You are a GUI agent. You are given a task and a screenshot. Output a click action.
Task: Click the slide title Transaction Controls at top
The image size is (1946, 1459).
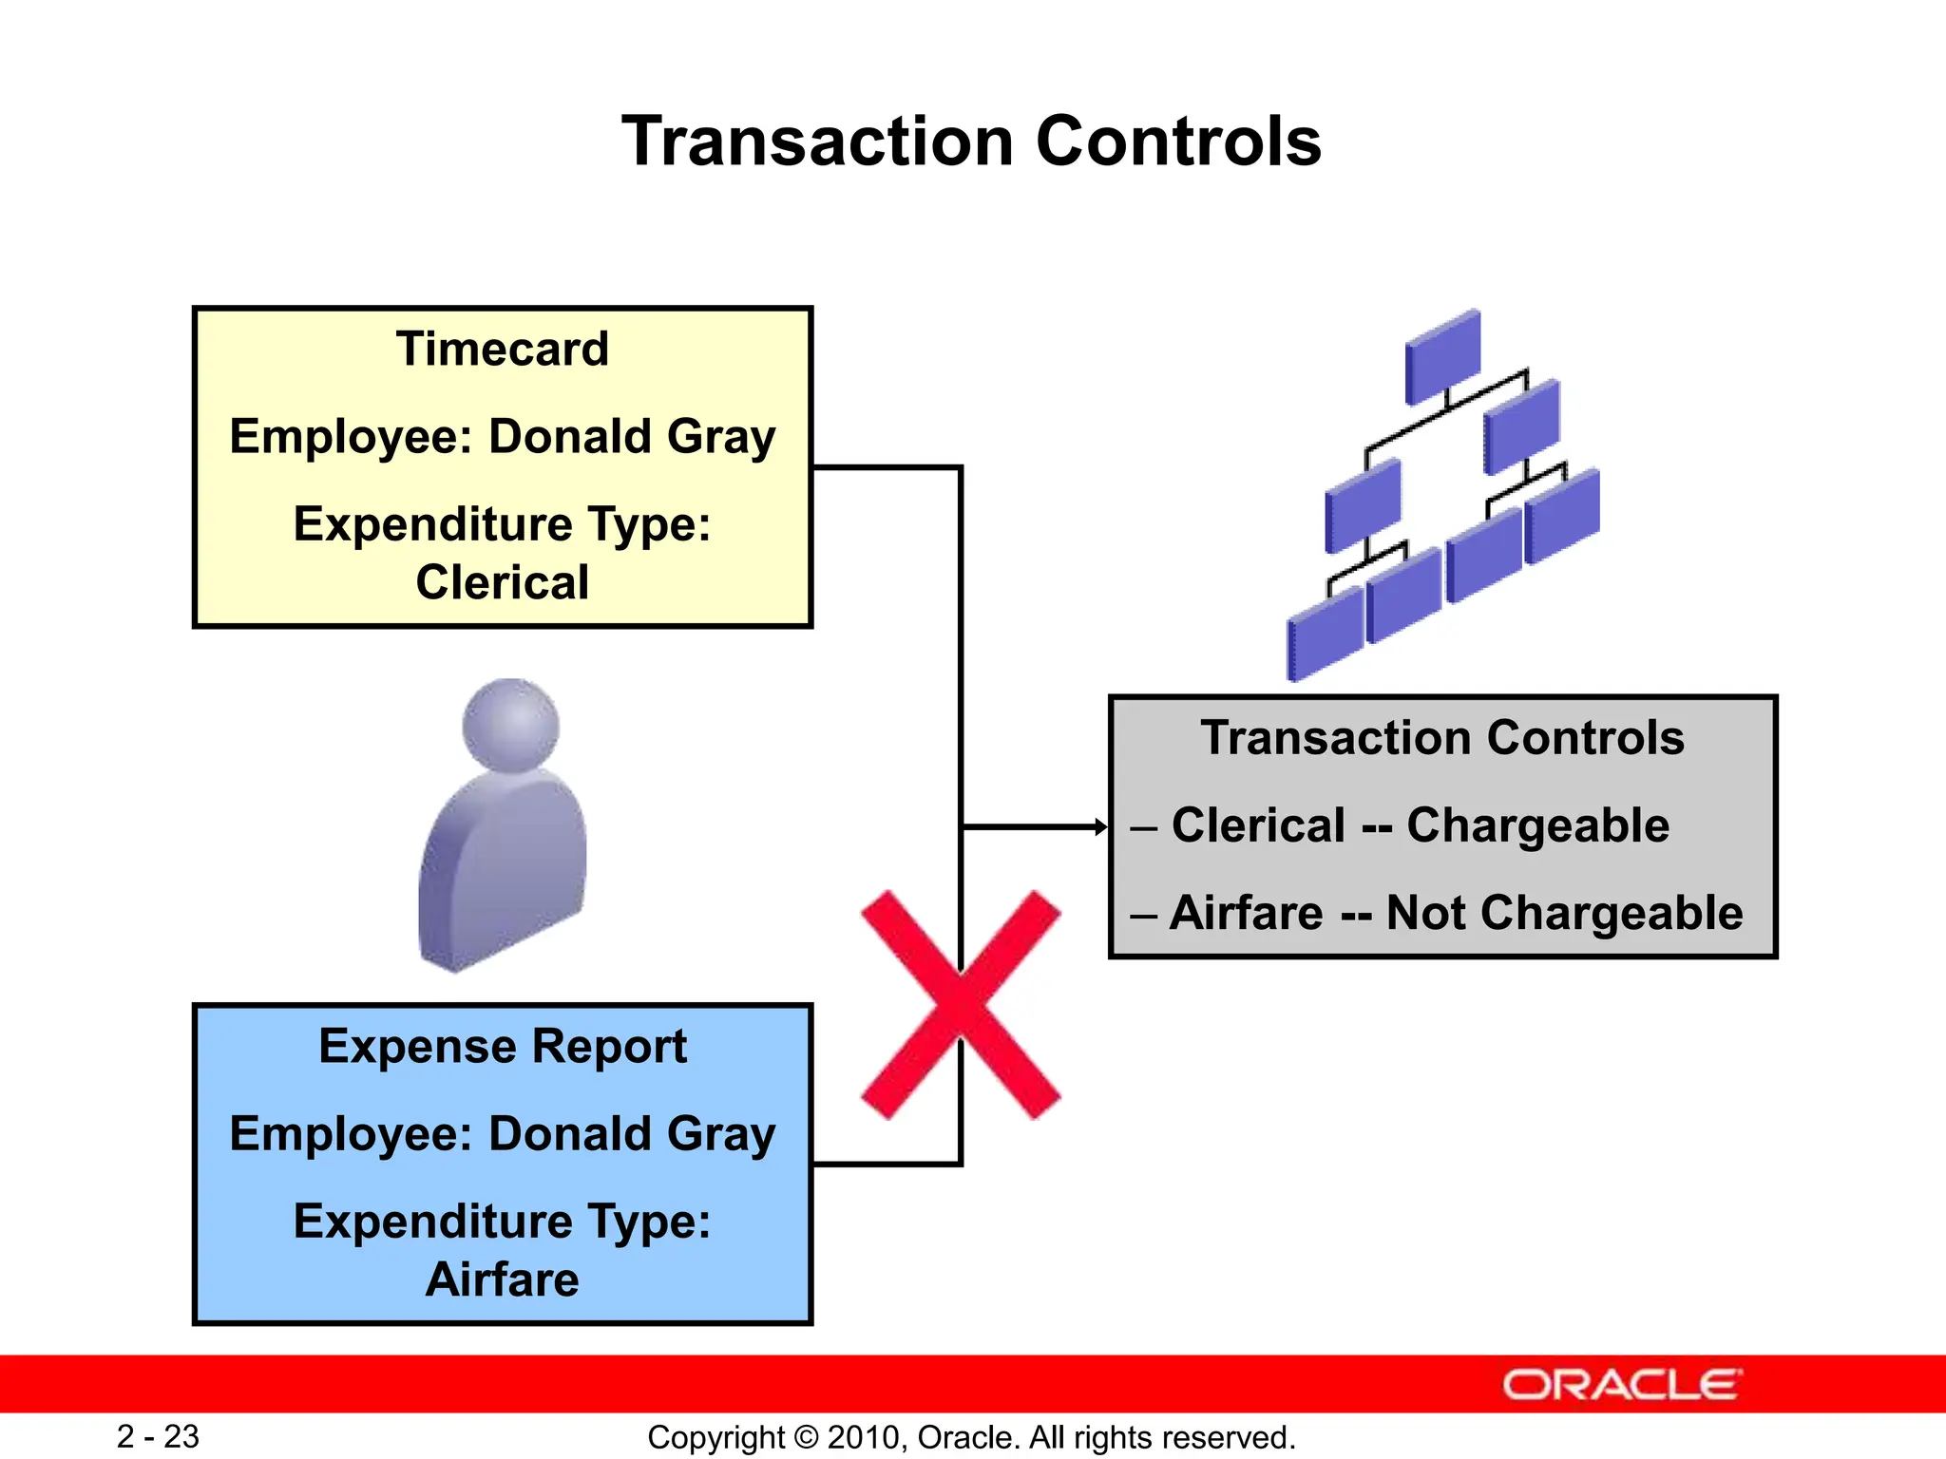971,142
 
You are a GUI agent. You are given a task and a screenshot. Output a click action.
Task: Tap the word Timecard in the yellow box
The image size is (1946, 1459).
502,349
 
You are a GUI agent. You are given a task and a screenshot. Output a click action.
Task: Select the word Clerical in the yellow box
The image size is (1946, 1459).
502,582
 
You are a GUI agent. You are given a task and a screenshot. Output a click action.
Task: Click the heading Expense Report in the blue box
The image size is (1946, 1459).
502,1047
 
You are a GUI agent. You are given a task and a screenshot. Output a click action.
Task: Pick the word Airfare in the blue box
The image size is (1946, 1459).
502,1279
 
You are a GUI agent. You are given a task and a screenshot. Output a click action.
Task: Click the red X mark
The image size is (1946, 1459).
961,1005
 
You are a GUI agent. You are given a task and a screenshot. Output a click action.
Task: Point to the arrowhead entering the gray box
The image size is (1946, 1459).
1101,827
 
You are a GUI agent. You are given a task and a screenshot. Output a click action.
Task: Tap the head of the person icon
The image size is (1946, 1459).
510,725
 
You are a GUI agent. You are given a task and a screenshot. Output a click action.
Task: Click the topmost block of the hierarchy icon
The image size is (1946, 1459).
1442,356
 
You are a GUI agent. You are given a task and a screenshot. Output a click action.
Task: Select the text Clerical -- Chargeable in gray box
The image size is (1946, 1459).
1420,825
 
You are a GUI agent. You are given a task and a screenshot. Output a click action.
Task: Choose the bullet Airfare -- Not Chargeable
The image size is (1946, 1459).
1456,913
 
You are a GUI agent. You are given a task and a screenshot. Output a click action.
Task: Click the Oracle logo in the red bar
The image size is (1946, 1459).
1622,1385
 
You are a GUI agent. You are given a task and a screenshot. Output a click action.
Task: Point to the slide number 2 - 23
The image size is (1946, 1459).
158,1436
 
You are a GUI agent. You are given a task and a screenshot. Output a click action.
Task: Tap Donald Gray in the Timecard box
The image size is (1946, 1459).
632,437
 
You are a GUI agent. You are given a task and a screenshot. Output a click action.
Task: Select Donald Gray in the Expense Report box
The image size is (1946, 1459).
632,1134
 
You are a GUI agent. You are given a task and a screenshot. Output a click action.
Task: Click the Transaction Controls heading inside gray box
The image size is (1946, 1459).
1442,738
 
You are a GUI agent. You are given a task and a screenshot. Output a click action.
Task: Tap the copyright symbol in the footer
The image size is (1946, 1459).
806,1437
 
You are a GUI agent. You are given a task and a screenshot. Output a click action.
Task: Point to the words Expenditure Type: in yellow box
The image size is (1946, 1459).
502,524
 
